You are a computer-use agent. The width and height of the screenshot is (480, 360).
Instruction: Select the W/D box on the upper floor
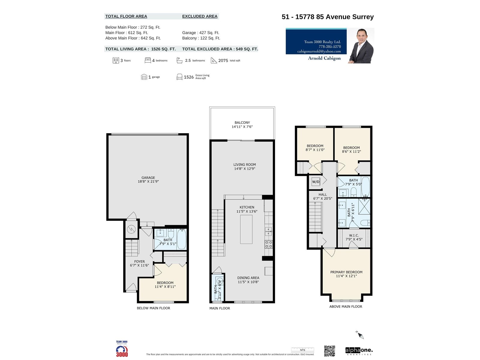pos(316,182)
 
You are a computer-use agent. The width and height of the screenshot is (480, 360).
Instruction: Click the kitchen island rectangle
pos(246,229)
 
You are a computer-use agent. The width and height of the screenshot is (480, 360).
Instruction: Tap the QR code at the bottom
pos(329,351)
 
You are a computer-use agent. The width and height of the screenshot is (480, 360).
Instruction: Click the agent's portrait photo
pos(361,46)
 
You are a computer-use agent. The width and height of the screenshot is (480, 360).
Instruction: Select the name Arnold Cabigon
pos(324,58)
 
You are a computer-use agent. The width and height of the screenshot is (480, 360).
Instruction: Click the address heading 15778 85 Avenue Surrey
pos(328,17)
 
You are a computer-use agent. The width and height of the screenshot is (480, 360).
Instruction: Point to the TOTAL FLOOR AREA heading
pos(126,16)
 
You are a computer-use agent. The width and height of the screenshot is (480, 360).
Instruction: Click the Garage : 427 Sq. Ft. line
pos(200,33)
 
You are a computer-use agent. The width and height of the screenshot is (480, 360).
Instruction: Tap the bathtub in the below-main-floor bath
pos(181,239)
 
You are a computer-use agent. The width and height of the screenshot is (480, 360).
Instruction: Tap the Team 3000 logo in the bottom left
pos(122,349)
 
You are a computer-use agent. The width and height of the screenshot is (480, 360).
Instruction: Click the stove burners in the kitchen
pos(268,244)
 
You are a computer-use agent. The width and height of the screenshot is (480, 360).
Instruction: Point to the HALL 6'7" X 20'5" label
pos(322,196)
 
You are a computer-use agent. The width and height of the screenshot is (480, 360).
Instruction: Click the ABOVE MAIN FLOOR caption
pos(346,307)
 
